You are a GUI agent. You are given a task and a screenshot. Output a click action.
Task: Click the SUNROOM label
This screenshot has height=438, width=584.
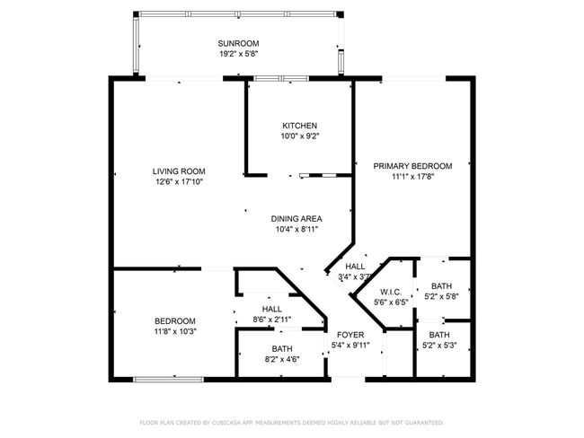pyautogui.click(x=238, y=43)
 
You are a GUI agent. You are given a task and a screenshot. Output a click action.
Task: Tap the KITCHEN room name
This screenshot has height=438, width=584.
pyautogui.click(x=299, y=126)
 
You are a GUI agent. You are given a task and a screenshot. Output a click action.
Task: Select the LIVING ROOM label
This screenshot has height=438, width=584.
pyautogui.click(x=179, y=171)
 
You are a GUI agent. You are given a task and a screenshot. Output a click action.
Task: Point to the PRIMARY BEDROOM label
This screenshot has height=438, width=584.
pyautogui.click(x=412, y=166)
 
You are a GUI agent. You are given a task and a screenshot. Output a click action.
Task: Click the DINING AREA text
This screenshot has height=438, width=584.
pyautogui.click(x=296, y=219)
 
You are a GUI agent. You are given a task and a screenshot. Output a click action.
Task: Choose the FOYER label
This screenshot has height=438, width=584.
pyautogui.click(x=350, y=335)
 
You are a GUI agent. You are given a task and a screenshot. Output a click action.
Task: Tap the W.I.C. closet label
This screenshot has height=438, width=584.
pyautogui.click(x=391, y=292)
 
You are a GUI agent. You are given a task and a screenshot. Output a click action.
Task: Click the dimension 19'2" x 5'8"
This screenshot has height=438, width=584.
pyautogui.click(x=239, y=54)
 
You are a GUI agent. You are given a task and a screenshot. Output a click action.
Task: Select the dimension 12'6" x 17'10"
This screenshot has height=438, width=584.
pyautogui.click(x=179, y=182)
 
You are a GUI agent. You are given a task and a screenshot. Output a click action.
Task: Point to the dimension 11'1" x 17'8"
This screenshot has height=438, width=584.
pyautogui.click(x=413, y=177)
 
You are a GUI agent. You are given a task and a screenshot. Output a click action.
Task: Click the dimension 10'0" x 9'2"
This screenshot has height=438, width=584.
pyautogui.click(x=300, y=136)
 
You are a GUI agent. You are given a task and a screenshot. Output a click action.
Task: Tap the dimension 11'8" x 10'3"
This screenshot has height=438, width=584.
pyautogui.click(x=175, y=331)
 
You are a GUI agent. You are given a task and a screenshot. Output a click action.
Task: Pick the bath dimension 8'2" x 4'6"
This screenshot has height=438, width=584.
pyautogui.click(x=282, y=360)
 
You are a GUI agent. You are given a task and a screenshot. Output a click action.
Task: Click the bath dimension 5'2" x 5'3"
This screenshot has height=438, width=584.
pyautogui.click(x=439, y=346)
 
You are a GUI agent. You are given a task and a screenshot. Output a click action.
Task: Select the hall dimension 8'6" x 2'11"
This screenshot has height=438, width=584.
pyautogui.click(x=272, y=320)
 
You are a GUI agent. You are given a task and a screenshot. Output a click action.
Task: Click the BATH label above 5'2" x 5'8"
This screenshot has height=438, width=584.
pyautogui.click(x=442, y=286)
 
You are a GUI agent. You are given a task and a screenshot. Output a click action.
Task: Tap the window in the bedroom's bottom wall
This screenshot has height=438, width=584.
pyautogui.click(x=169, y=380)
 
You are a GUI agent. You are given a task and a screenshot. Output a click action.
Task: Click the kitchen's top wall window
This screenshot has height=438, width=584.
pyautogui.click(x=281, y=78)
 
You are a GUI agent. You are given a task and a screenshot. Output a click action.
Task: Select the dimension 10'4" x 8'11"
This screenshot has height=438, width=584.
pyautogui.click(x=296, y=229)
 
